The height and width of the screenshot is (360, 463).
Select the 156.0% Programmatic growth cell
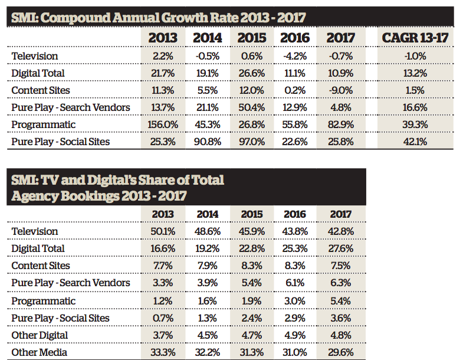pos(163,125)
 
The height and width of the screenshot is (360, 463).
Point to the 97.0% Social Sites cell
pos(251,142)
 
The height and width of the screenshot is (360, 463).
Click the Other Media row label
pos(40,352)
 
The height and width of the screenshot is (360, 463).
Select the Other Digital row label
pos(40,335)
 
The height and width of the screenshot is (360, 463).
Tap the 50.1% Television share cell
pos(163,231)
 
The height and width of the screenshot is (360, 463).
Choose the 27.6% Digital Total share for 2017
pos(341,248)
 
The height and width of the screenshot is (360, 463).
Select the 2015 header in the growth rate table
pos(251,38)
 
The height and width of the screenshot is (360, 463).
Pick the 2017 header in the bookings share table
pos(341,214)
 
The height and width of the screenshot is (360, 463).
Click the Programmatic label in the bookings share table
pos(44,301)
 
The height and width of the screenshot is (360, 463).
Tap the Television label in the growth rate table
pos(35,56)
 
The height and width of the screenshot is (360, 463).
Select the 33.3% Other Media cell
pos(163,352)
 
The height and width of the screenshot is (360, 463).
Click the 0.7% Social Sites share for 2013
pos(163,318)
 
